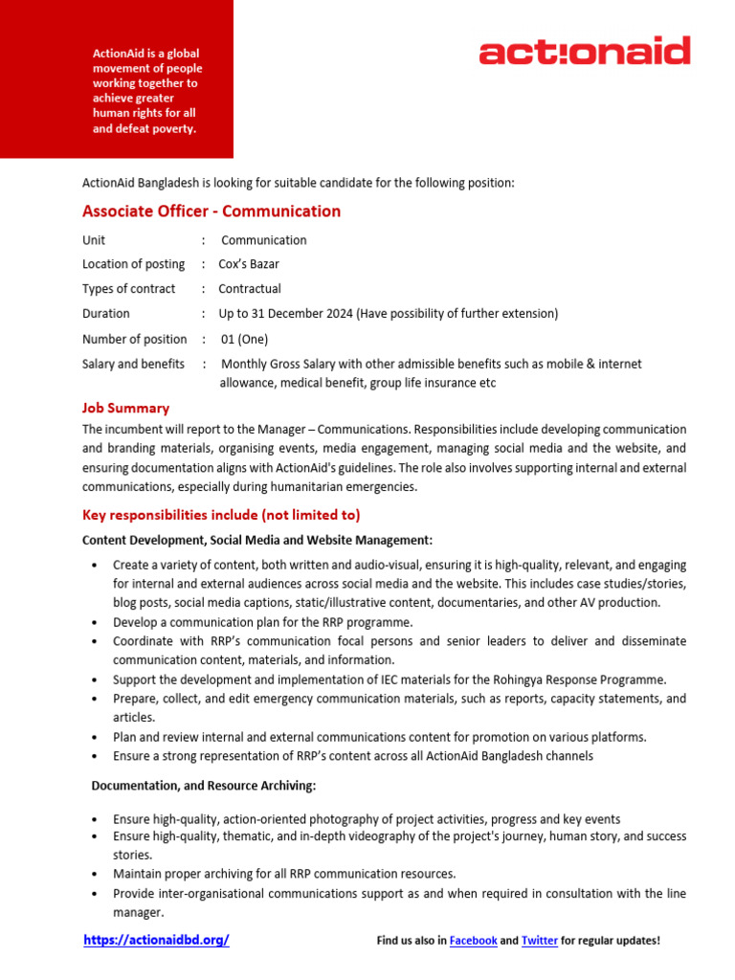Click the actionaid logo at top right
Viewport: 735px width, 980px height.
pos(584,51)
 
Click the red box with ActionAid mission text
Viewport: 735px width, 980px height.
pos(117,80)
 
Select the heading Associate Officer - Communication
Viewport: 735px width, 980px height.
pos(212,212)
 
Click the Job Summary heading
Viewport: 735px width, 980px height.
pos(125,408)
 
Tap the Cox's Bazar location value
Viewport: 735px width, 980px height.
pos(249,264)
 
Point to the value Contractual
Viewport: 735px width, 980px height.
pos(250,289)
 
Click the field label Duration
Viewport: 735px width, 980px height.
pos(106,314)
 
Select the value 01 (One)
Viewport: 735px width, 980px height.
pos(244,339)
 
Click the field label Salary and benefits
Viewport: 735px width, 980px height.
pos(134,364)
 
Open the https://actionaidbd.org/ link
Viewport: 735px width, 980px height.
pos(157,941)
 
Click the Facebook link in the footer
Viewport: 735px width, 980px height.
pos(473,942)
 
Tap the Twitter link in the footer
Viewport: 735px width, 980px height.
pos(540,942)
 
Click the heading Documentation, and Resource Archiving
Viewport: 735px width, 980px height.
pos(203,786)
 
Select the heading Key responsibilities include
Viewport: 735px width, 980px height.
pos(221,515)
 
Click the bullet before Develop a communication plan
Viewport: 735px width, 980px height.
pos(94,623)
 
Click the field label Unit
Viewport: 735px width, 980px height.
pos(94,240)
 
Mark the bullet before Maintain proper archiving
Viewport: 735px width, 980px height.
pos(94,875)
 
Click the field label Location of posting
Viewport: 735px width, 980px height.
pos(133,264)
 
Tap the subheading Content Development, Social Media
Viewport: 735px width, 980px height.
pos(257,541)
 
